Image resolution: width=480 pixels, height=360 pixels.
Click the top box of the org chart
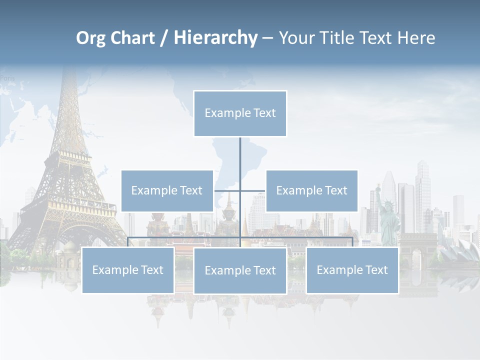[x=240, y=113]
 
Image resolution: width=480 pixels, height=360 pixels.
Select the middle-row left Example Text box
[x=167, y=190]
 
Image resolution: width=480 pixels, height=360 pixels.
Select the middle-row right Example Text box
[x=311, y=190]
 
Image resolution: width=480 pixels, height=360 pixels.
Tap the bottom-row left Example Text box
[x=128, y=270]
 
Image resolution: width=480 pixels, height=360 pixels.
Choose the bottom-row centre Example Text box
[x=240, y=270]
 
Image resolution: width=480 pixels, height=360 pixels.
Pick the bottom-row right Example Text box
[x=352, y=270]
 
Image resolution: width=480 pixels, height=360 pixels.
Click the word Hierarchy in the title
[x=215, y=37]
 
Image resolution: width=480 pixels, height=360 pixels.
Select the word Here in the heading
[x=416, y=37]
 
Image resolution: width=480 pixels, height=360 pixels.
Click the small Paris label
[x=7, y=78]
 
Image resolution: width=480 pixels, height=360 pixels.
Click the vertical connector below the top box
[x=240, y=160]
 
